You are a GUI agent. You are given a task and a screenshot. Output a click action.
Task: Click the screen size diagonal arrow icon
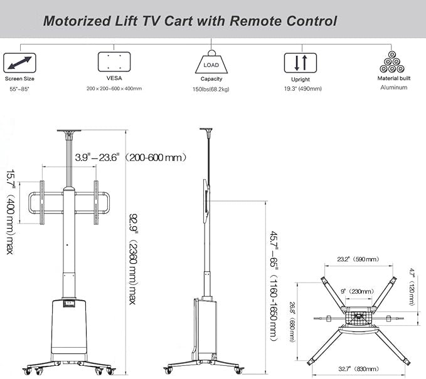[20, 63]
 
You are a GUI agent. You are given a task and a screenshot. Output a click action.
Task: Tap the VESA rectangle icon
[114, 63]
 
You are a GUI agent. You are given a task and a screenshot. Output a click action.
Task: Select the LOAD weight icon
[211, 63]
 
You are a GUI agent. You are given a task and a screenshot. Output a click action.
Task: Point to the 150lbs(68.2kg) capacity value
[211, 89]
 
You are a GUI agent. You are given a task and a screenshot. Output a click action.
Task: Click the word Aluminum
[393, 88]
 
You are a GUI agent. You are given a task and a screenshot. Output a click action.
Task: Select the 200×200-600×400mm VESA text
[114, 89]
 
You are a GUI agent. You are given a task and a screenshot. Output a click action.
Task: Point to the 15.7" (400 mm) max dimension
[11, 212]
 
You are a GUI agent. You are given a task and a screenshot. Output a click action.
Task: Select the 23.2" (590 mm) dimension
[357, 259]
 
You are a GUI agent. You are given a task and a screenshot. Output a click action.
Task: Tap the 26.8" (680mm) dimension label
[292, 321]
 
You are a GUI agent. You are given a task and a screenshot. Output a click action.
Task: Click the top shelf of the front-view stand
[70, 132]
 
